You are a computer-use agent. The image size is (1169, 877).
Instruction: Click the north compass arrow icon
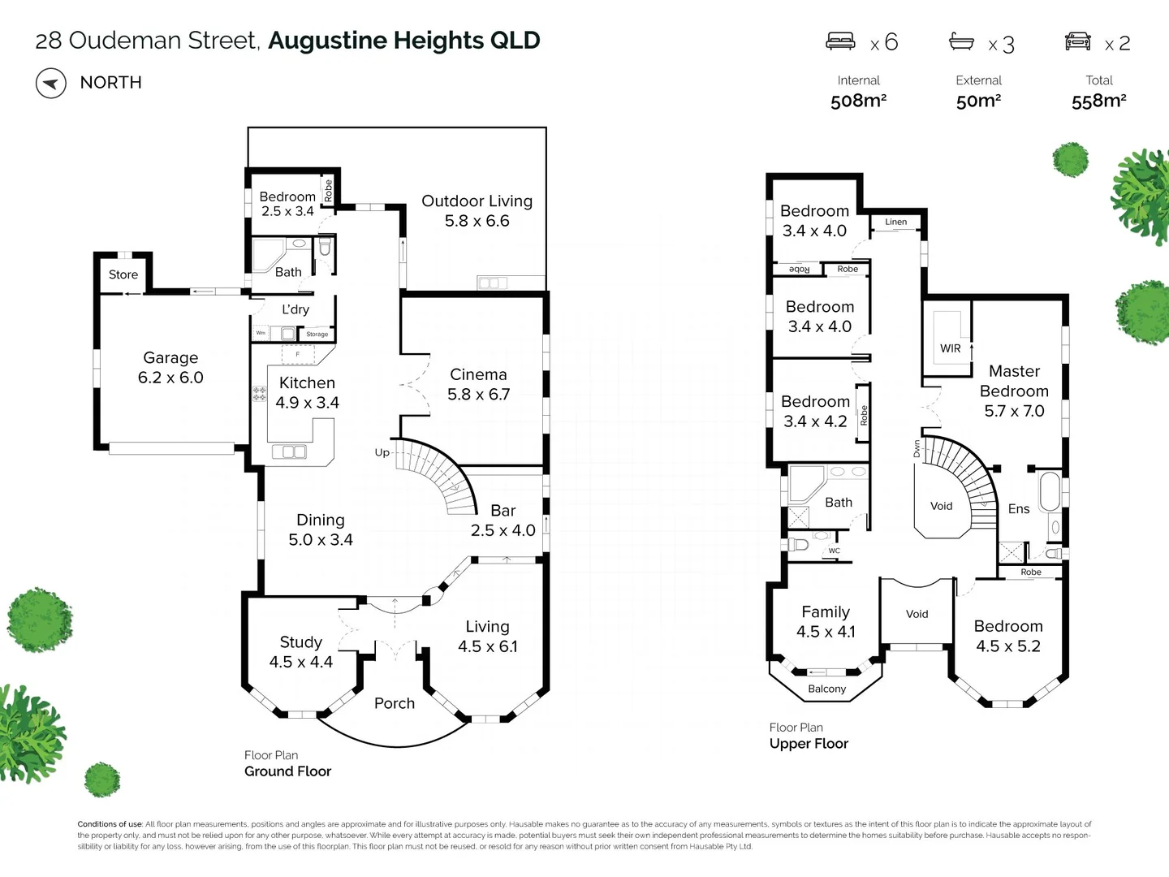pyautogui.click(x=50, y=83)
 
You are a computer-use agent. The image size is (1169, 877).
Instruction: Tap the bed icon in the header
pyautogui.click(x=840, y=41)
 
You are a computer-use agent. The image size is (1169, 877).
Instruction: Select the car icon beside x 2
pyautogui.click(x=1077, y=41)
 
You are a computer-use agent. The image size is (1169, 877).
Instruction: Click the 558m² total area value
pyautogui.click(x=1098, y=101)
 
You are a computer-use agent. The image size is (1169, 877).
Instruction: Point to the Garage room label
pyautogui.click(x=170, y=367)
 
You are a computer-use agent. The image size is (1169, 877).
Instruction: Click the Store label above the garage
pyautogui.click(x=123, y=274)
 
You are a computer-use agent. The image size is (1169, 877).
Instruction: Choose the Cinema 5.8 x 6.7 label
pyautogui.click(x=478, y=384)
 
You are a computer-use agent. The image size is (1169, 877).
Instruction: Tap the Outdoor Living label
pyautogui.click(x=477, y=210)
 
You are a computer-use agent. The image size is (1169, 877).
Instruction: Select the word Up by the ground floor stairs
pyautogui.click(x=382, y=452)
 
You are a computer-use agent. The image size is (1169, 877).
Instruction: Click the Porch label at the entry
pyautogui.click(x=395, y=703)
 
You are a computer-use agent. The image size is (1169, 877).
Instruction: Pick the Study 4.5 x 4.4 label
pyautogui.click(x=300, y=652)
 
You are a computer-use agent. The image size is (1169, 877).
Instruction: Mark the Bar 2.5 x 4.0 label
pyautogui.click(x=503, y=520)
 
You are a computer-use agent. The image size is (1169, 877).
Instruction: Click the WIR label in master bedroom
pyautogui.click(x=950, y=348)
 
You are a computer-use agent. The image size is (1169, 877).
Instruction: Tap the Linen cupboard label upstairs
pyautogui.click(x=896, y=222)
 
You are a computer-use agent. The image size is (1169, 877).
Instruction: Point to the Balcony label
pyautogui.click(x=826, y=689)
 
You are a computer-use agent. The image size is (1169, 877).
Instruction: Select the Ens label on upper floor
pyautogui.click(x=1018, y=509)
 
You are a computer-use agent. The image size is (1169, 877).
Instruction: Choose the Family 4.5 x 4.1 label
pyautogui.click(x=826, y=621)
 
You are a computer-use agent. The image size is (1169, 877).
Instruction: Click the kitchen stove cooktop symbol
pyautogui.click(x=260, y=394)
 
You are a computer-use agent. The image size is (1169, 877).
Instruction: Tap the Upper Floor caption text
pyautogui.click(x=809, y=743)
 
